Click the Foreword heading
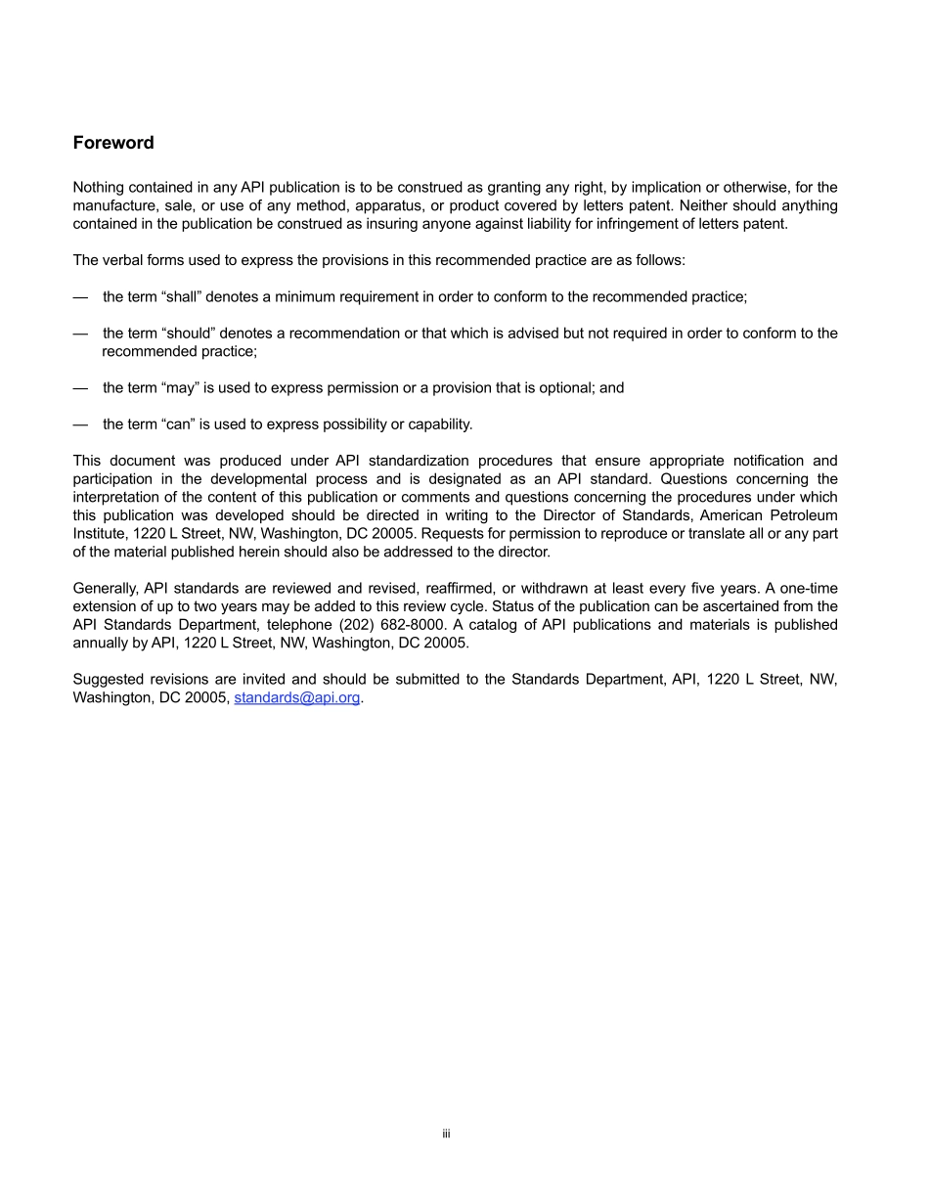[x=113, y=143]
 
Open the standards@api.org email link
[x=297, y=698]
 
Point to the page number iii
[x=445, y=1135]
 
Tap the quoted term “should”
[x=187, y=334]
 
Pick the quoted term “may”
[x=179, y=387]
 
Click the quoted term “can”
[x=177, y=424]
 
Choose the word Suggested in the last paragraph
[x=108, y=680]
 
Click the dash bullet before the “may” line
[x=80, y=387]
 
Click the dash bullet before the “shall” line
[x=80, y=296]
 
